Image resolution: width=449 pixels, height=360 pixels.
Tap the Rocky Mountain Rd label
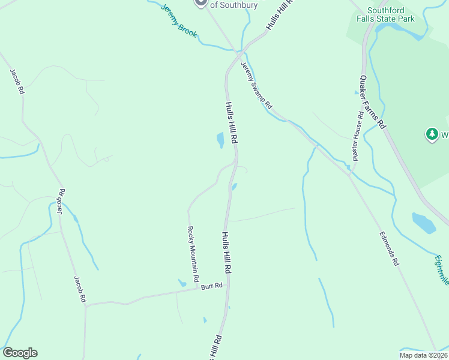pyautogui.click(x=193, y=254)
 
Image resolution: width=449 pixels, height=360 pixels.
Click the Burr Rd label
pyautogui.click(x=212, y=286)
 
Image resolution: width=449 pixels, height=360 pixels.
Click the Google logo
pyautogui.click(x=20, y=353)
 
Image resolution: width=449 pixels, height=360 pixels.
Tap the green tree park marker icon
pyautogui.click(x=432, y=134)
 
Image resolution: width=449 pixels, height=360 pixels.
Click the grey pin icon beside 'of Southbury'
pyautogui.click(x=201, y=3)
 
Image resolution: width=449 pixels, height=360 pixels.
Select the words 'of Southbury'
pyautogui.click(x=234, y=5)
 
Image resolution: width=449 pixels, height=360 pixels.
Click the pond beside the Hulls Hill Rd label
pyautogui.click(x=220, y=140)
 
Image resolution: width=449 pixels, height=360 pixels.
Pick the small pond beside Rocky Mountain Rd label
pyautogui.click(x=182, y=283)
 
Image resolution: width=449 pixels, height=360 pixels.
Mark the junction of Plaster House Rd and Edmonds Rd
pyautogui.click(x=351, y=173)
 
